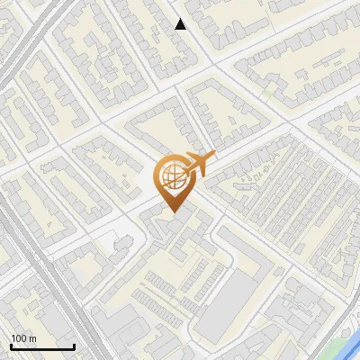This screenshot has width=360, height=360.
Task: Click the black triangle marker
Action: click(180, 24)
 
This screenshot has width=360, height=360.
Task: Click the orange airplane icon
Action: click(197, 165)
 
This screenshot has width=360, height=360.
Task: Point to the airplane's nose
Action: click(214, 157)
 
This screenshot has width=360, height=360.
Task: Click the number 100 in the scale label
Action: click(19, 338)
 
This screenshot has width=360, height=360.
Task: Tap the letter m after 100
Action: click(31, 338)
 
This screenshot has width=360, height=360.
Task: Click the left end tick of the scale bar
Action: click(10, 345)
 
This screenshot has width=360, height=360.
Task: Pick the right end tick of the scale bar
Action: click(74, 345)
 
